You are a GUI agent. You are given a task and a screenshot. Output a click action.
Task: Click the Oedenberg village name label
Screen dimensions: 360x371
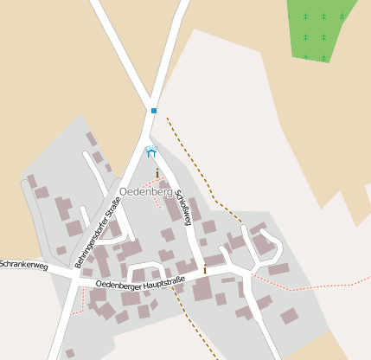(144, 190)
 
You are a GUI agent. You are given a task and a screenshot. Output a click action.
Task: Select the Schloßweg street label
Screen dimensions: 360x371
(182, 207)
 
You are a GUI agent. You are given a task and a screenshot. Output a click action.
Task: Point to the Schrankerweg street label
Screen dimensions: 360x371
(23, 264)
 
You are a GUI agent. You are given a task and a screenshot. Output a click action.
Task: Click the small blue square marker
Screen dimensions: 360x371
(153, 111)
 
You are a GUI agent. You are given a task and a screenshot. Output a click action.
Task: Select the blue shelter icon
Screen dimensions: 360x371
(152, 152)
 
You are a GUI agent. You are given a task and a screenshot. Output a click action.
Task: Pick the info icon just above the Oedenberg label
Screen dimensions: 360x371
(157, 174)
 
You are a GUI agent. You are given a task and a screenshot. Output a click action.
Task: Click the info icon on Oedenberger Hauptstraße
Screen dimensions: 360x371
(205, 270)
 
